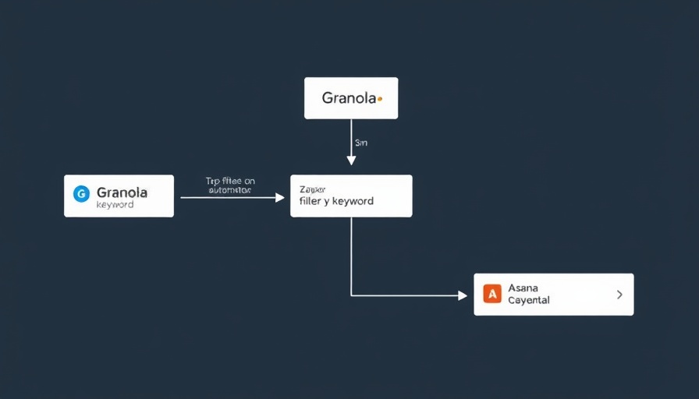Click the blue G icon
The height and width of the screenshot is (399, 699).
[x=81, y=194]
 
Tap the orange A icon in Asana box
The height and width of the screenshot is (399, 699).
[x=492, y=294]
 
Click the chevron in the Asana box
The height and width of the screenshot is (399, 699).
[x=619, y=295]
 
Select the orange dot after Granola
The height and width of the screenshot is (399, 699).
[x=379, y=99]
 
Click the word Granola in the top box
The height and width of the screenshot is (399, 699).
[x=349, y=99]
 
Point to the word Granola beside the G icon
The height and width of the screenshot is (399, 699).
[x=122, y=192]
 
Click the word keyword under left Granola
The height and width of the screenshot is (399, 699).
[x=115, y=205]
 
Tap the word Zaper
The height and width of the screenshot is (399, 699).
[x=313, y=189]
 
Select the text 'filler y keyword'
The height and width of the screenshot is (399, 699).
[x=336, y=201]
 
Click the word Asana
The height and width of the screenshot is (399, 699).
[x=523, y=288]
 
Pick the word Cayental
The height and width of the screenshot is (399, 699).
[x=529, y=300]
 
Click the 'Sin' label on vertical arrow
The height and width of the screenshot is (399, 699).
[x=360, y=143]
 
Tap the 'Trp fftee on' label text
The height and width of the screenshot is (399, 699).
[x=230, y=181]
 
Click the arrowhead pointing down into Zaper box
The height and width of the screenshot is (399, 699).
[x=351, y=161]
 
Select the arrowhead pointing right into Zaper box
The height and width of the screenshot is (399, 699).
[x=280, y=198]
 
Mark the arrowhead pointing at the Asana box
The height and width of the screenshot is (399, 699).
[x=462, y=295]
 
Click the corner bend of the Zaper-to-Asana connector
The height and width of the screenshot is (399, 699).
[x=351, y=295]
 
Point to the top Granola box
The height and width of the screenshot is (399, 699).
[x=351, y=98]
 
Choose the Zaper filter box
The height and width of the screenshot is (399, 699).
[x=351, y=196]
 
